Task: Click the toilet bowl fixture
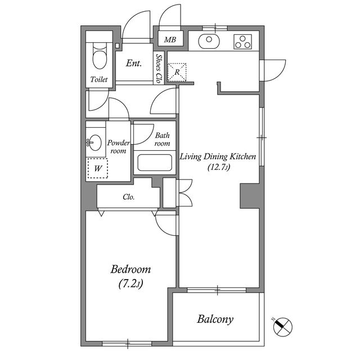click(100, 56)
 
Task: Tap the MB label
click(170, 40)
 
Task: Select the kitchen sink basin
click(209, 41)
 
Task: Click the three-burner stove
click(242, 42)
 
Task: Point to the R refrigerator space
click(177, 73)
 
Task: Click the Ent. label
click(134, 63)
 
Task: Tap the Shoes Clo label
click(159, 69)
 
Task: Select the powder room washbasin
click(95, 142)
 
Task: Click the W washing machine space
click(98, 168)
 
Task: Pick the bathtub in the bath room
click(155, 163)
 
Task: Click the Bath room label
click(163, 139)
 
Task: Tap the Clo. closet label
click(129, 197)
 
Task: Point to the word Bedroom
click(130, 269)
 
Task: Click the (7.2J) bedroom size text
click(130, 283)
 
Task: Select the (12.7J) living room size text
click(219, 167)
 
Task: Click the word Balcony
click(215, 319)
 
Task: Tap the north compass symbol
click(282, 327)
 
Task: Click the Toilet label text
click(99, 79)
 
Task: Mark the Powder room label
click(119, 147)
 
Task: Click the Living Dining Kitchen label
click(218, 156)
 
